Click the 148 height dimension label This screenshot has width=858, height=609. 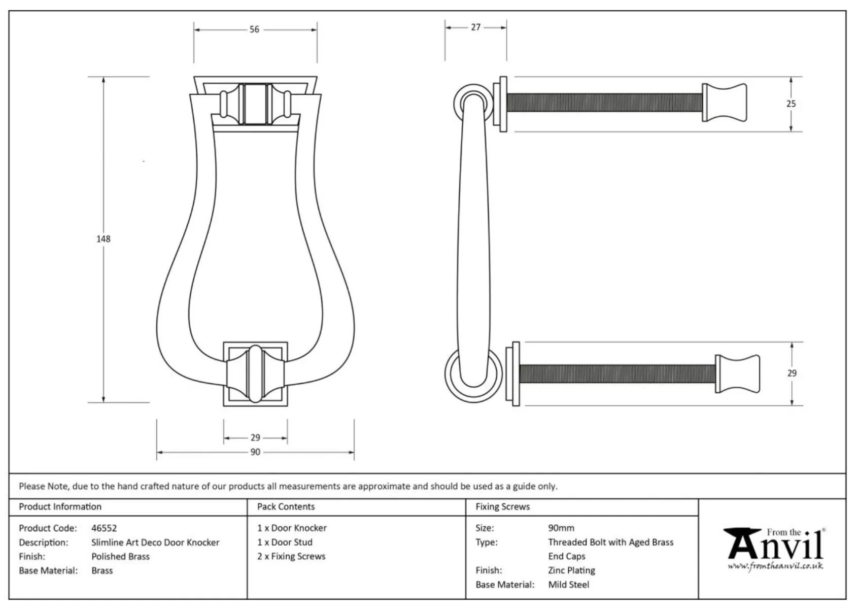[x=104, y=239]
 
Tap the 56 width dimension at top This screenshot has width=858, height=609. [x=254, y=29]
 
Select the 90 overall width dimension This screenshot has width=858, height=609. [x=255, y=452]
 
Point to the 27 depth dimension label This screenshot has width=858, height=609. [x=475, y=27]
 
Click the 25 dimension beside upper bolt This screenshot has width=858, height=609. [x=791, y=104]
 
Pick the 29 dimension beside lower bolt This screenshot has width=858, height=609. [x=792, y=373]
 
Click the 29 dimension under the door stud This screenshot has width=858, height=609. [x=255, y=437]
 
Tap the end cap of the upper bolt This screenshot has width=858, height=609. [x=725, y=103]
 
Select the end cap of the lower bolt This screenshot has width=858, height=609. [x=737, y=374]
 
